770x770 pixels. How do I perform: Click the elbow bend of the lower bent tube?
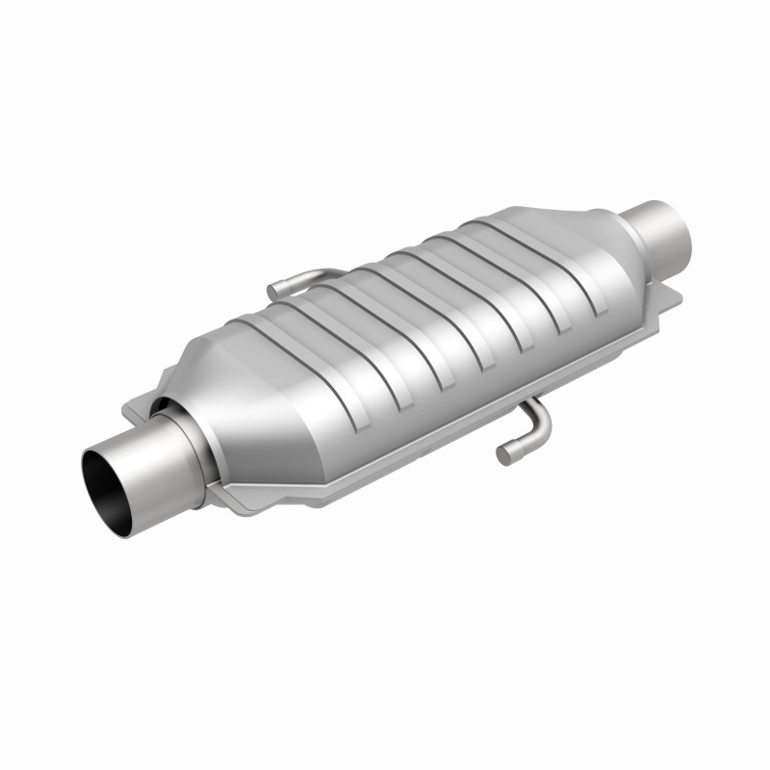tap(540, 423)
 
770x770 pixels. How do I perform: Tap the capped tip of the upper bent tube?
tap(272, 289)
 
